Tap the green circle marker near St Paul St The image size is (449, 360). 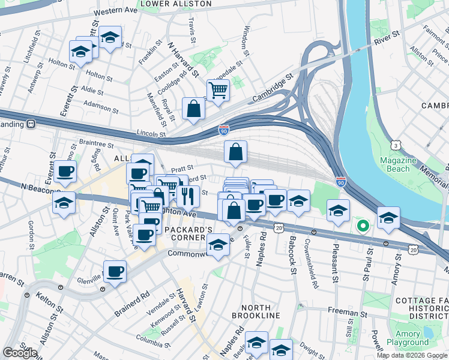[x=362, y=226]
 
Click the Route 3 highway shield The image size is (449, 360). [x=396, y=145]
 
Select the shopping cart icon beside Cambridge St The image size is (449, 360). [x=218, y=91]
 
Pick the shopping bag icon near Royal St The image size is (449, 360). [x=194, y=109]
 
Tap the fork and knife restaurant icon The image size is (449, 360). [x=187, y=196]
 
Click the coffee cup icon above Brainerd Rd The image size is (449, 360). [x=115, y=271]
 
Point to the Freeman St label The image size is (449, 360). [x=347, y=313]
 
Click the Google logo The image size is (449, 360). [x=20, y=353]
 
